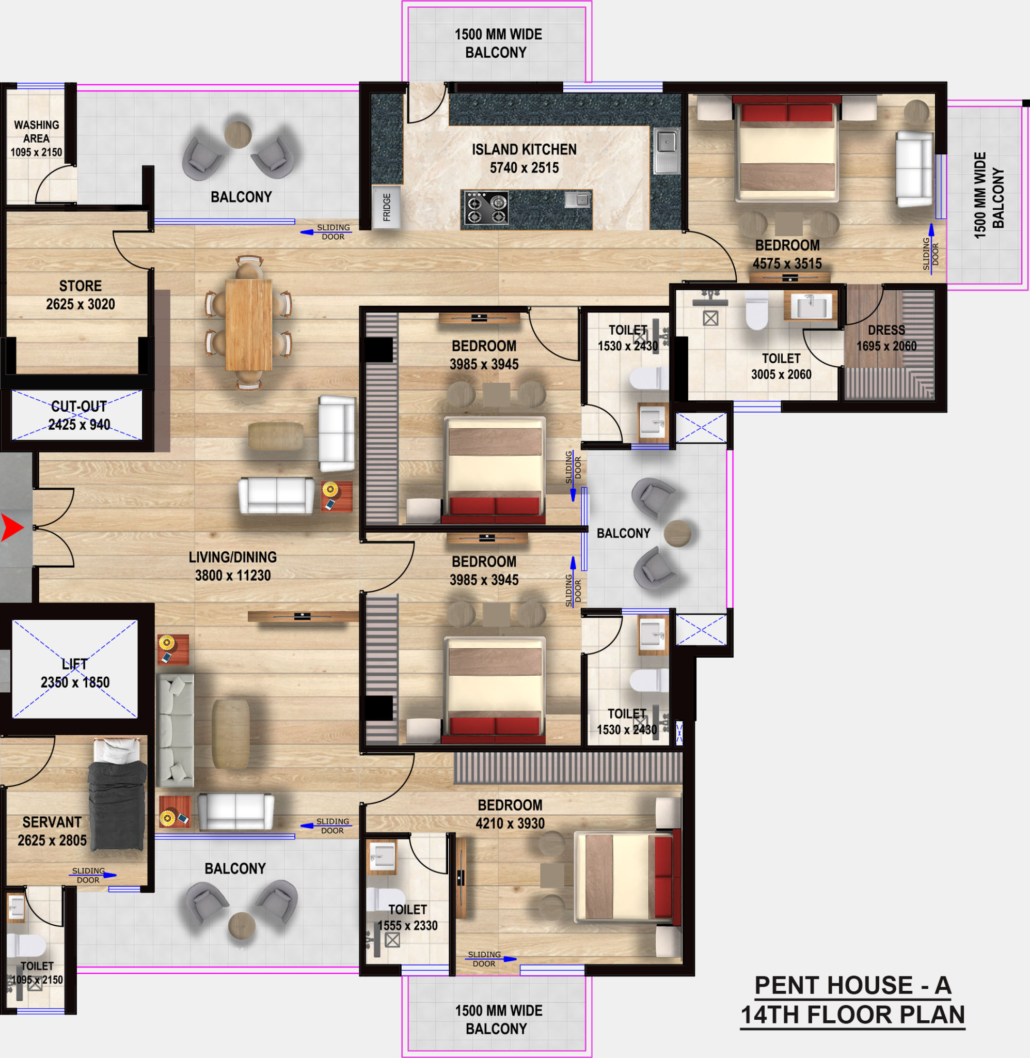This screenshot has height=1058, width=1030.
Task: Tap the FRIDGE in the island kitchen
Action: coord(386,207)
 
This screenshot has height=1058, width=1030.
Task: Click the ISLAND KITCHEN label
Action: coord(524,149)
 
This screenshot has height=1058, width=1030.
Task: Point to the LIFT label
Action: coord(75,664)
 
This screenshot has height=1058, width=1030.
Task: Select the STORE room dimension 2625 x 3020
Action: coord(81,304)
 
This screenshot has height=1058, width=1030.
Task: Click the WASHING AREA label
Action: coord(36,132)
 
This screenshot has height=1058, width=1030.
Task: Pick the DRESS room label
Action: coord(886,330)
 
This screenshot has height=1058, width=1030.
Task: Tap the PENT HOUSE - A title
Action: coord(852,985)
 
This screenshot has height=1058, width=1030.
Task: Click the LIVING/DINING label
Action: coord(233,557)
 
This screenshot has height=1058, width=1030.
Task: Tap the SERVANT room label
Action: coord(52,822)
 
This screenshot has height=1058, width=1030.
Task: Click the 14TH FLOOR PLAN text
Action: coord(852,1015)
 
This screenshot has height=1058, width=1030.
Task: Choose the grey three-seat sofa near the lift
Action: coord(175,730)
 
